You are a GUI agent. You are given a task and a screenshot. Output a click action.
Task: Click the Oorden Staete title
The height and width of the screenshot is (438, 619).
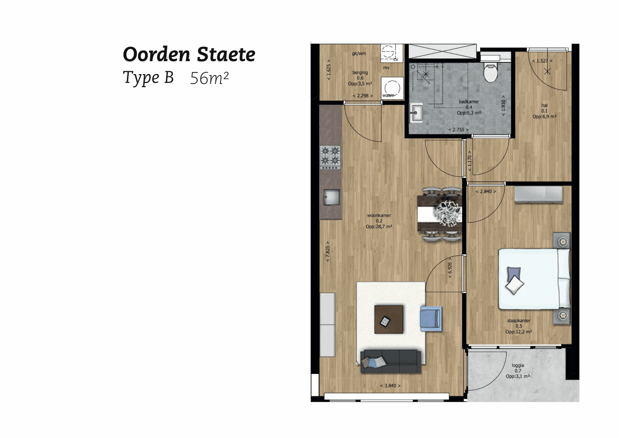tap(189, 54)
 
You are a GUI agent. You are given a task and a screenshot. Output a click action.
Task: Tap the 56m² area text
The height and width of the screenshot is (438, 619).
tap(209, 78)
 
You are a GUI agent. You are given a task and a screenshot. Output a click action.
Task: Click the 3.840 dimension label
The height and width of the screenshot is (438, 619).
tap(390, 385)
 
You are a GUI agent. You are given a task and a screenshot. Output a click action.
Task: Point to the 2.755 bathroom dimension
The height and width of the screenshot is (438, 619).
tap(458, 130)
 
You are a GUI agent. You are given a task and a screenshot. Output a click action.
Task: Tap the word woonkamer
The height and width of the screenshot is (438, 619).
tap(379, 215)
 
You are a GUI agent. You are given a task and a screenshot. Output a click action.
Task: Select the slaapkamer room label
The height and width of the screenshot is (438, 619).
tap(519, 320)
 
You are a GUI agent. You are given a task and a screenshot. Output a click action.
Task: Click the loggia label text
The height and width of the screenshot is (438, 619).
tap(518, 365)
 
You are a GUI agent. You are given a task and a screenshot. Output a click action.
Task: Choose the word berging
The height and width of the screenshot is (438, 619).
tap(360, 73)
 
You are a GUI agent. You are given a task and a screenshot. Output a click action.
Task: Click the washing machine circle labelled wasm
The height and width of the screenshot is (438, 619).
tap(392, 88)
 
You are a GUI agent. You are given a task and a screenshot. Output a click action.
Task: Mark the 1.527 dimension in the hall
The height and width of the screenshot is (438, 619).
tap(542, 61)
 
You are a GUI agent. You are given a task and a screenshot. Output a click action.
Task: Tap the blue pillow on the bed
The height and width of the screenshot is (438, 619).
tap(514, 273)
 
